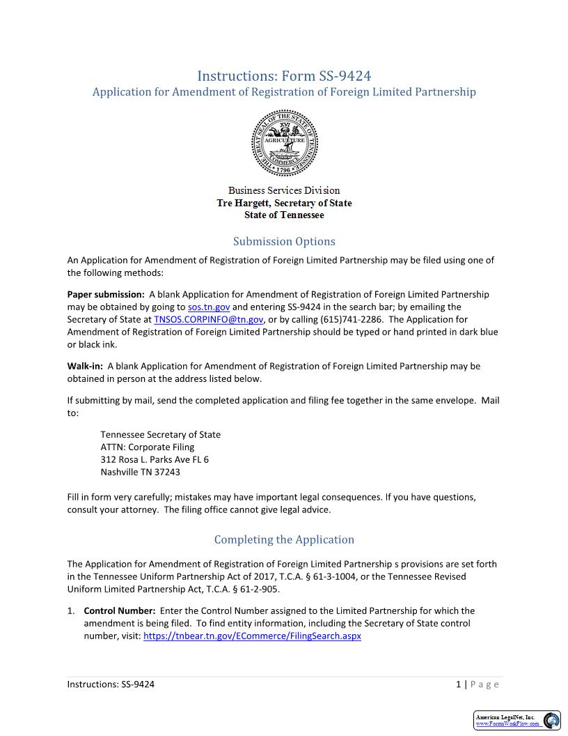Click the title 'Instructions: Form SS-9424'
(284, 75)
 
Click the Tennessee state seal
(284, 144)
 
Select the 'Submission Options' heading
(284, 241)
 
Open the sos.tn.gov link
(209, 307)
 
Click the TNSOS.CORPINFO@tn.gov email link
(208, 319)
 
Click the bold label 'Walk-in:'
(85, 366)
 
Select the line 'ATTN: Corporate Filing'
(148, 447)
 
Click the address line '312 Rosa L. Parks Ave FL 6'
(155, 459)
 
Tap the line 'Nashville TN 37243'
(140, 472)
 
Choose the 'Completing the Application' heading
(284, 539)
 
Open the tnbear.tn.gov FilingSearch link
(252, 636)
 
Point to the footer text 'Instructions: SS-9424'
(111, 684)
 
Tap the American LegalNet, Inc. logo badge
(517, 721)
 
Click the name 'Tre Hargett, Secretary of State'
(284, 203)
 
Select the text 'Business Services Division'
(284, 190)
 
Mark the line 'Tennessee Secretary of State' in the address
(160, 434)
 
